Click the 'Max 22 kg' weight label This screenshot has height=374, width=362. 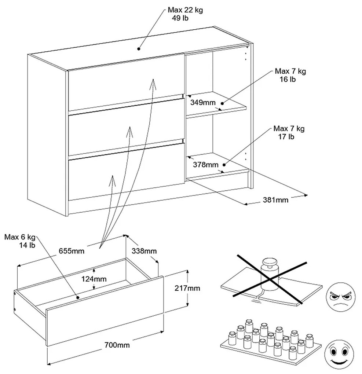point(185,10)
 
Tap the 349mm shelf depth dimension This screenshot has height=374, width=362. point(203,103)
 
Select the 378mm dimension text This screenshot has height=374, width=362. point(206,165)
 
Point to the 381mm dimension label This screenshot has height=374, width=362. point(275,199)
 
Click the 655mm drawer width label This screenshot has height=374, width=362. point(72,251)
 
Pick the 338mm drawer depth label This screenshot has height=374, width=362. point(144,251)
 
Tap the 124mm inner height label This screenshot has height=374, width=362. point(94,279)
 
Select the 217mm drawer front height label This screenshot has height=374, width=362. point(187,288)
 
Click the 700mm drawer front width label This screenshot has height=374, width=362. point(117,345)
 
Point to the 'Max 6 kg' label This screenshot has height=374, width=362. point(20,237)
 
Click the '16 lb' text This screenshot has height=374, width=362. point(288,79)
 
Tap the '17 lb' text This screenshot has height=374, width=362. point(286,137)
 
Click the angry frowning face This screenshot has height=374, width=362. point(340,297)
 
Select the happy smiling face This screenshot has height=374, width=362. point(339,355)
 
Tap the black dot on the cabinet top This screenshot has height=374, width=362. point(138,49)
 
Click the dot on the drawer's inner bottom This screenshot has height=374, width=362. point(77,297)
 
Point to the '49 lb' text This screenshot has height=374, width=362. point(180,18)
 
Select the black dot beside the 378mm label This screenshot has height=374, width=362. point(224,165)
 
